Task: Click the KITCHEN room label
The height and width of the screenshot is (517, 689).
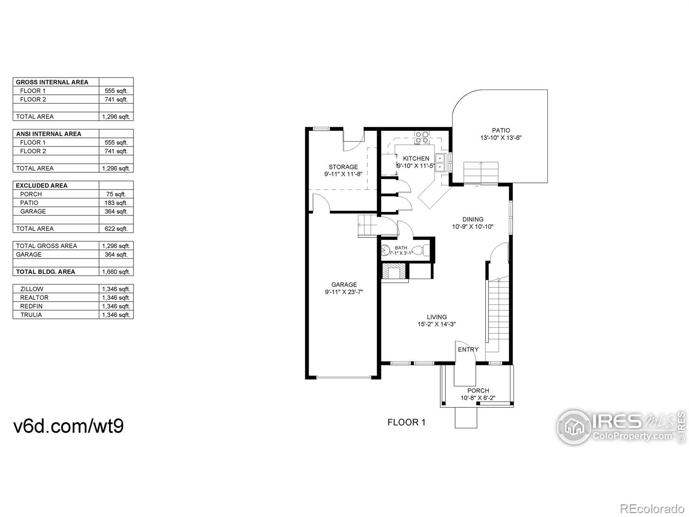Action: [x=416, y=159]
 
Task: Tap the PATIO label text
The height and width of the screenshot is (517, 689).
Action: [x=501, y=130]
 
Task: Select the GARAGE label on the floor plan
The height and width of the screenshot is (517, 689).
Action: [x=344, y=285]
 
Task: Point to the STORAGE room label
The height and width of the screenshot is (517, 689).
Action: [x=343, y=167]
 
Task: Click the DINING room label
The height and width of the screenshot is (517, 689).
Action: [x=473, y=219]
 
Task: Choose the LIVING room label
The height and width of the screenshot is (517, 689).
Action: [x=437, y=317]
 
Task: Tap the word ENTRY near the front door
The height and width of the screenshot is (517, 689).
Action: [x=468, y=349]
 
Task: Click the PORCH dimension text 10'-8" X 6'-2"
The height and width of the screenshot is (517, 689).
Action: [x=478, y=398]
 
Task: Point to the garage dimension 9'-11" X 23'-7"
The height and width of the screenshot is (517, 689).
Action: [x=344, y=292]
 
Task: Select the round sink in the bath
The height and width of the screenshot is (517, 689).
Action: [x=385, y=250]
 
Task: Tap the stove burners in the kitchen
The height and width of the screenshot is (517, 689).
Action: [x=422, y=138]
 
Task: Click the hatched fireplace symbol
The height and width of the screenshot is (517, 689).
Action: [x=394, y=271]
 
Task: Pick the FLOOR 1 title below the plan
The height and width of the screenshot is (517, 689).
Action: [x=407, y=423]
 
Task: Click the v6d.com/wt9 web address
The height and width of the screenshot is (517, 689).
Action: [x=68, y=426]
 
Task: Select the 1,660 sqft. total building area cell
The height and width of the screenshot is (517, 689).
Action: [x=116, y=272]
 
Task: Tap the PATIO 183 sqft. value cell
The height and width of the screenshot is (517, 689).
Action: [x=116, y=203]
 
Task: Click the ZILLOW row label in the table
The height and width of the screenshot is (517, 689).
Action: [x=32, y=289]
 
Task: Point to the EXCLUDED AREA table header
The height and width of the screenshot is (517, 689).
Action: [x=41, y=186]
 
